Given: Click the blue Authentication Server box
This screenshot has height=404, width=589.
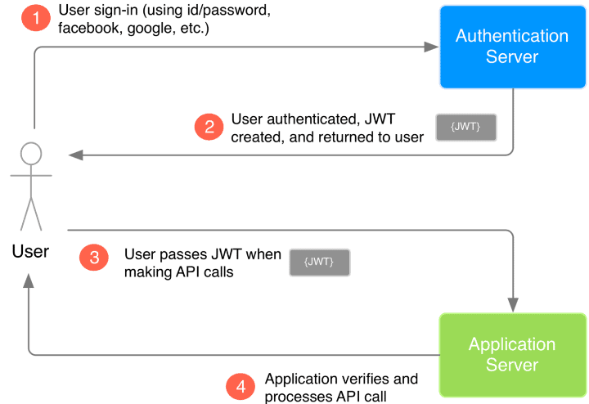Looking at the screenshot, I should [512, 47].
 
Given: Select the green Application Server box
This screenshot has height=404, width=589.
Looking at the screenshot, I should [512, 354].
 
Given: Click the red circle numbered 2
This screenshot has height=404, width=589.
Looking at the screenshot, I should [209, 127].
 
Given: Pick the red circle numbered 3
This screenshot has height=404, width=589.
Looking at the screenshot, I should [94, 257].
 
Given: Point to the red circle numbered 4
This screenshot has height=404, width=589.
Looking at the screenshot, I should [240, 386].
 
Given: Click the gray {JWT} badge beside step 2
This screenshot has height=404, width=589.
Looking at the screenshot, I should [465, 128].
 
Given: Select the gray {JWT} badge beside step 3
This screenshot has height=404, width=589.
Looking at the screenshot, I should [319, 262].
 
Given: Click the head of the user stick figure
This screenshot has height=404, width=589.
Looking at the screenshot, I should [30, 154].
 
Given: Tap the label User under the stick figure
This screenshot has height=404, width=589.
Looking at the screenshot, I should [30, 251].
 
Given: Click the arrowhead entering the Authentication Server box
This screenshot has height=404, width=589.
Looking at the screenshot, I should [431, 47].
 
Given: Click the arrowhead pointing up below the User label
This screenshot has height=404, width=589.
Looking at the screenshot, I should [29, 281].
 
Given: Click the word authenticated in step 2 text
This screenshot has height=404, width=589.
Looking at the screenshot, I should [303, 119].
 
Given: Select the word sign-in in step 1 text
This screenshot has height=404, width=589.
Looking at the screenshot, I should [116, 11].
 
